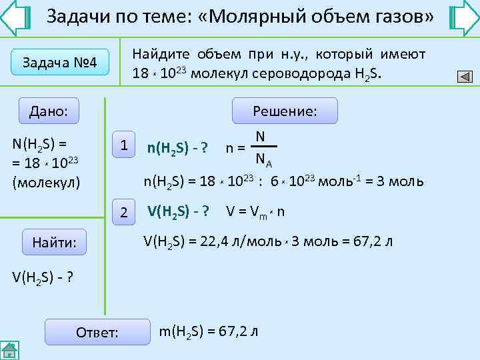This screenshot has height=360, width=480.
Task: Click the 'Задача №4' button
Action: pyautogui.click(x=60, y=63)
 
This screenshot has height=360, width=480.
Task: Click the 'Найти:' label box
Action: pyautogui.click(x=59, y=245)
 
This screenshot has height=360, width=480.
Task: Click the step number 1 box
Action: pyautogui.click(x=123, y=145)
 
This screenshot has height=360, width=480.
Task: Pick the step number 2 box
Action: pyautogui.click(x=123, y=212)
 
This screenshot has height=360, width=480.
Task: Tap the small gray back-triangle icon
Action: pyautogui.click(x=465, y=77)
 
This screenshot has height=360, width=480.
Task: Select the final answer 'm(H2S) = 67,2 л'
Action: pyautogui.click(x=209, y=331)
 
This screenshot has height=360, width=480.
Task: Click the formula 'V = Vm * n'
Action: pyautogui.click(x=255, y=212)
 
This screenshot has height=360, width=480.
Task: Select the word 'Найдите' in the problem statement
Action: pyautogui.click(x=161, y=53)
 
